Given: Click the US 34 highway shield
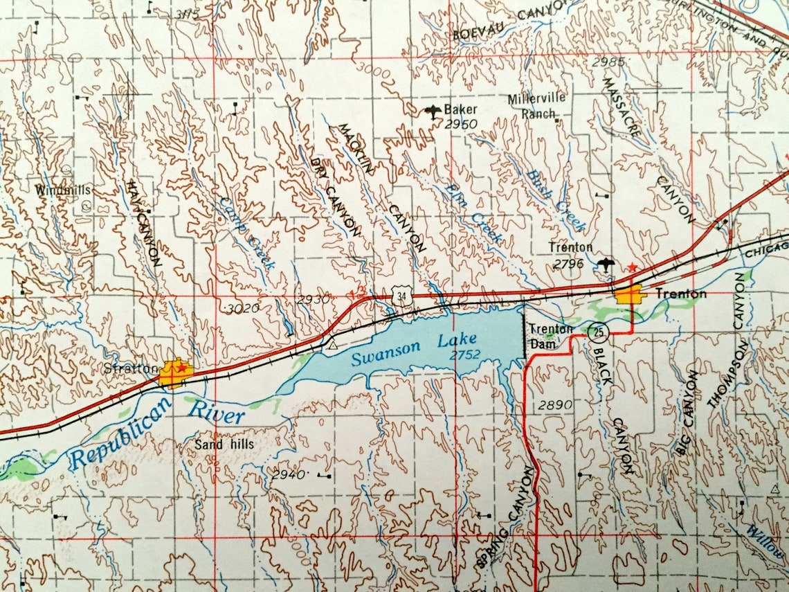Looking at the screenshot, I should pyautogui.click(x=401, y=296).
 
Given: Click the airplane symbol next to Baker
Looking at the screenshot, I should pyautogui.click(x=433, y=111).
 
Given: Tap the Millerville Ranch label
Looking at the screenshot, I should pyautogui.click(x=537, y=106).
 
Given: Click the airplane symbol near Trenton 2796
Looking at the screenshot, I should pyautogui.click(x=606, y=264).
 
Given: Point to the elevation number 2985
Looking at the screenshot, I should pyautogui.click(x=609, y=62).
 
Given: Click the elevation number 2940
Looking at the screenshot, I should pyautogui.click(x=289, y=475).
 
